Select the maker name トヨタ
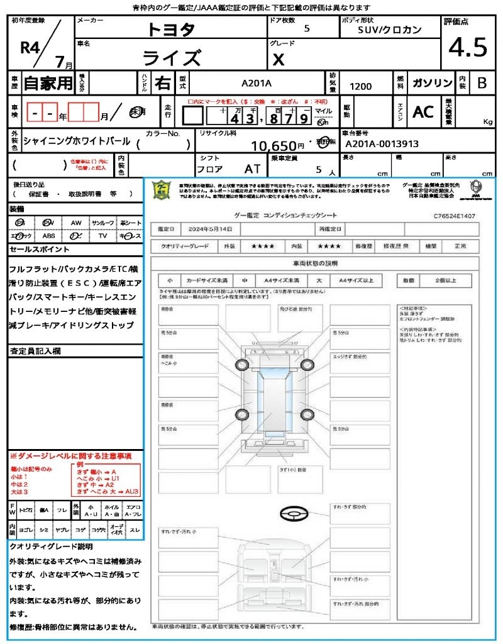pos(171,29)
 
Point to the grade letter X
pos(279,60)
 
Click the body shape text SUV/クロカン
pos(390,30)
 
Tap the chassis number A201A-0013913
pos(382,143)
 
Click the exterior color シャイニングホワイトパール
pos(77,141)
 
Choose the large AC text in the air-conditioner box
pos(423,112)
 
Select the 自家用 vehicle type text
pos(48,83)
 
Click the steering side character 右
pos(162,83)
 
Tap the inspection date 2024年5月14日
pos(212,229)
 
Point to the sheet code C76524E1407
pos(454,216)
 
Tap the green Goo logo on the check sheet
pos(162,189)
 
